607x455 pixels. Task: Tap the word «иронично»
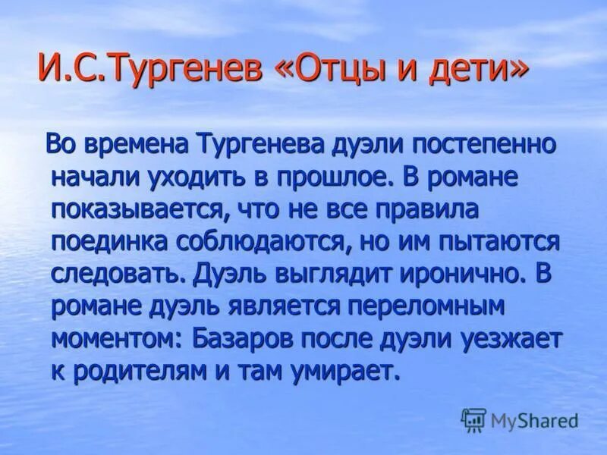click(x=454, y=274)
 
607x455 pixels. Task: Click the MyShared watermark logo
click(x=520, y=419)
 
